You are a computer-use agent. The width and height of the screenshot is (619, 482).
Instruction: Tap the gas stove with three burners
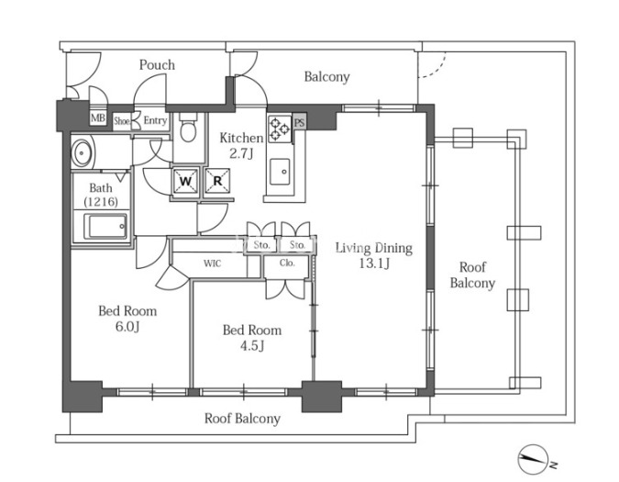pyautogui.click(x=280, y=129)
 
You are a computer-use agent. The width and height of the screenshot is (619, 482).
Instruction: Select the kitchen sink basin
pyautogui.click(x=280, y=172)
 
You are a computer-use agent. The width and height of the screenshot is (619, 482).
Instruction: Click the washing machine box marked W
pyautogui.click(x=185, y=181)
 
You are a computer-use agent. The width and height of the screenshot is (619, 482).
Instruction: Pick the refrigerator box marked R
pyautogui.click(x=217, y=181)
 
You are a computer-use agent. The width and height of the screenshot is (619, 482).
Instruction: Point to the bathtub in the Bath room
pyautogui.click(x=105, y=227)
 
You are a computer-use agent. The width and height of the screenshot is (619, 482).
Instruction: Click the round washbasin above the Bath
pyautogui.click(x=82, y=152)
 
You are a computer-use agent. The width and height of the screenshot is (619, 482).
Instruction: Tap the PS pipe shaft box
pyautogui.click(x=300, y=122)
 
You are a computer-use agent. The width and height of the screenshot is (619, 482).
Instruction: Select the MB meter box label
pyautogui.click(x=98, y=118)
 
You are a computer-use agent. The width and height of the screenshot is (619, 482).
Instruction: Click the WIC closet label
pyautogui.click(x=213, y=263)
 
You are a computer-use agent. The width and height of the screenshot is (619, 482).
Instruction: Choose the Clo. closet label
pyautogui.click(x=287, y=263)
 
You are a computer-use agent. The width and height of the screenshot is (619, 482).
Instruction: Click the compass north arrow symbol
pyautogui.click(x=533, y=459)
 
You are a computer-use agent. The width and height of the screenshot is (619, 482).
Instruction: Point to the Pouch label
pyautogui.click(x=157, y=65)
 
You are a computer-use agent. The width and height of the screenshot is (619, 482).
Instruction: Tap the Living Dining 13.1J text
pyautogui.click(x=374, y=255)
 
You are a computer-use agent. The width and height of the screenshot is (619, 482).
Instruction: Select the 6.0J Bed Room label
pyautogui.click(x=127, y=319)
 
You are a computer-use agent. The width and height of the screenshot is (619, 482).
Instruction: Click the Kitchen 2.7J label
pyautogui.click(x=241, y=146)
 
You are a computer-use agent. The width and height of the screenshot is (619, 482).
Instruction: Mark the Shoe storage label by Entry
pyautogui.click(x=122, y=121)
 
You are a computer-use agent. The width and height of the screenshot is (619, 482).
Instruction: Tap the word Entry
pyautogui.click(x=155, y=120)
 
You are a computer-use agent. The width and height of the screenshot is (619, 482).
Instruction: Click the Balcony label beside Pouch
pyautogui.click(x=326, y=76)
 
